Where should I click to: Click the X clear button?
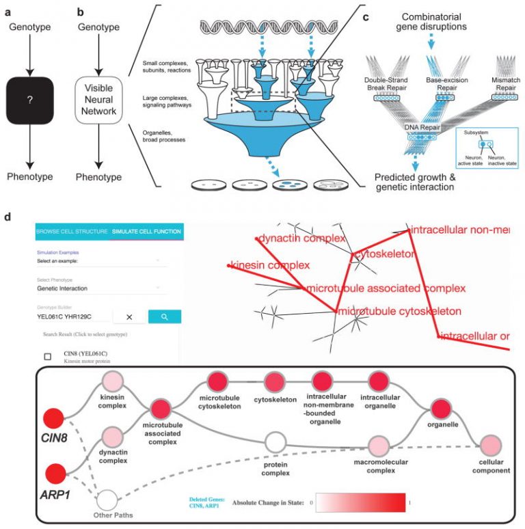129,316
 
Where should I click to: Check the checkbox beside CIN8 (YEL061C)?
47,356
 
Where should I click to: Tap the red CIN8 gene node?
53,420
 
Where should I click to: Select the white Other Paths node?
107,498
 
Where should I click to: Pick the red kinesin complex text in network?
271,264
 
